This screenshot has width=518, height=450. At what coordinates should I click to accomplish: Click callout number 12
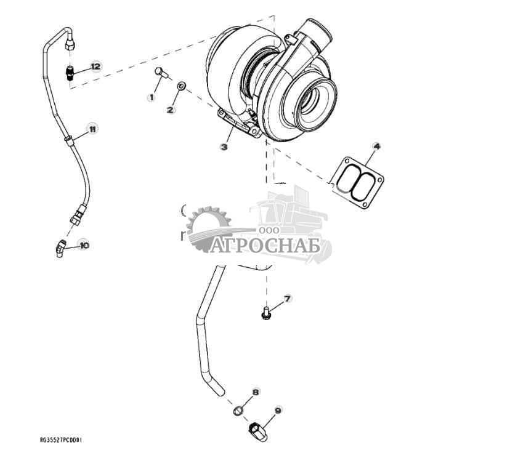click(x=95, y=66)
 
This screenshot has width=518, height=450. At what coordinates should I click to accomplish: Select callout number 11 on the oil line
click(x=92, y=129)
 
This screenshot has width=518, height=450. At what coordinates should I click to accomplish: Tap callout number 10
click(x=84, y=245)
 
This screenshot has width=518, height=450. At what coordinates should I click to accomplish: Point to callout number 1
click(x=150, y=97)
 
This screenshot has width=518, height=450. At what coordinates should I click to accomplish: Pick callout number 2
click(x=171, y=110)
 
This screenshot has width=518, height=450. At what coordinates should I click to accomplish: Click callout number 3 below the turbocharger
click(x=224, y=147)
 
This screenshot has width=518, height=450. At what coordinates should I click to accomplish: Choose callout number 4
click(x=376, y=146)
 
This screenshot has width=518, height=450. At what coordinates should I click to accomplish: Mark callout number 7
click(x=287, y=299)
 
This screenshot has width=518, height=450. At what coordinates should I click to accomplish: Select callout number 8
click(x=256, y=392)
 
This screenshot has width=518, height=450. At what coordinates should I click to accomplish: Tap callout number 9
click(x=278, y=410)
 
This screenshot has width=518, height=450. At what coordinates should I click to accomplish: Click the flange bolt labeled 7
click(x=266, y=315)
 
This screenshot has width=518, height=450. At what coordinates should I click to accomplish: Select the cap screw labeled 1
click(x=161, y=73)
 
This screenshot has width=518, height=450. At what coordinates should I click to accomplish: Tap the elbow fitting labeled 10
click(x=60, y=248)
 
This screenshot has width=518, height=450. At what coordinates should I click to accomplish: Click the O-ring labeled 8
click(x=238, y=411)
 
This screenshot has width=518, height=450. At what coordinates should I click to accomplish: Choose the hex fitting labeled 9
click(x=257, y=431)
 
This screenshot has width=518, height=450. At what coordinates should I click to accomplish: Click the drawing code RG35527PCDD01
click(x=61, y=440)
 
